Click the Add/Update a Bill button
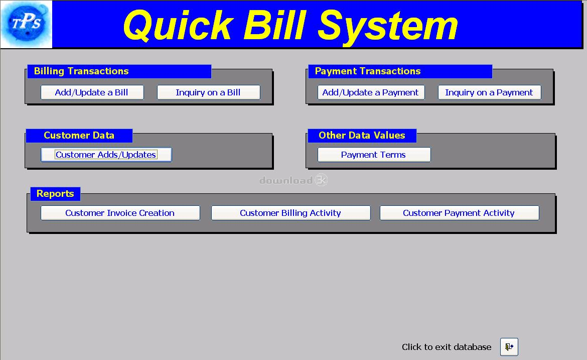pyautogui.click(x=92, y=92)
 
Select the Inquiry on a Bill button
pyautogui.click(x=209, y=92)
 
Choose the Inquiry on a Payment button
pyautogui.click(x=489, y=92)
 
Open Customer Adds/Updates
pyautogui.click(x=106, y=155)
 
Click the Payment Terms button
pyautogui.click(x=374, y=155)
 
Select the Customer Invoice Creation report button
pyautogui.click(x=120, y=213)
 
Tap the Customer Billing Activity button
pyautogui.click(x=291, y=213)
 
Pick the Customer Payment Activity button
pyautogui.click(x=460, y=213)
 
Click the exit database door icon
pyautogui.click(x=509, y=347)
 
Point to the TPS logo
pyautogui.click(x=26, y=24)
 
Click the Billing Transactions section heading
pyautogui.click(x=81, y=71)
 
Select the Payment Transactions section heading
pyautogui.click(x=368, y=71)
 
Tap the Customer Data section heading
pyautogui.click(x=79, y=135)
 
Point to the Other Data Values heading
pyautogui.click(x=362, y=135)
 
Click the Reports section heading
pyautogui.click(x=55, y=194)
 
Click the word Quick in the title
pyautogui.click(x=178, y=26)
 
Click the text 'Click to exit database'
pyautogui.click(x=446, y=347)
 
